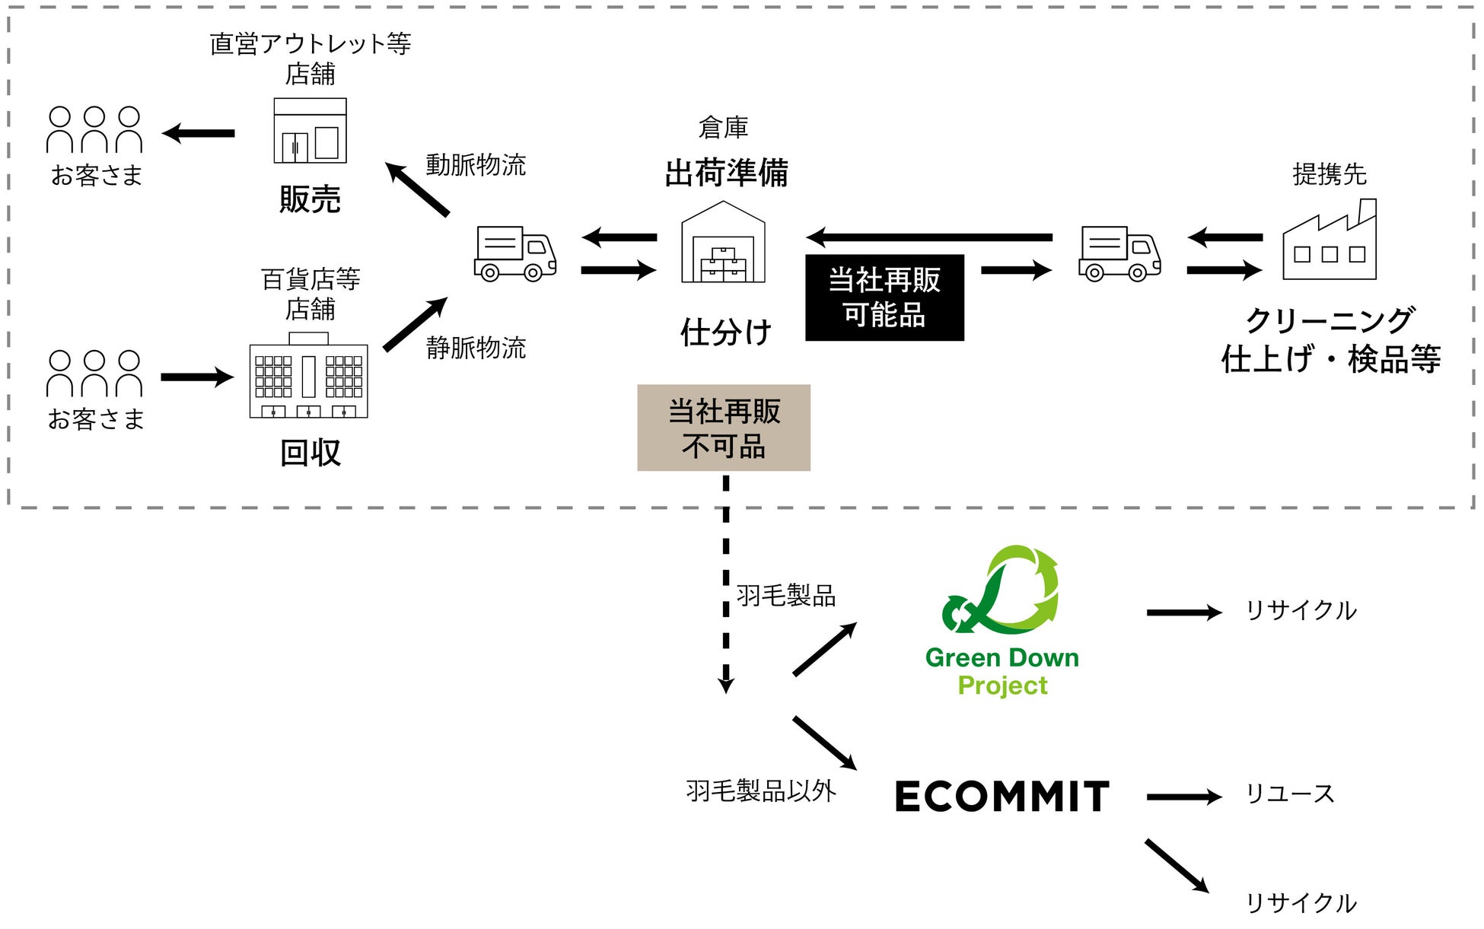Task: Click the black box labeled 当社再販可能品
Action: pos(884,297)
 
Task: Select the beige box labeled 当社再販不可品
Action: pos(723,428)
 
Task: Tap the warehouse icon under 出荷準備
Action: pos(723,243)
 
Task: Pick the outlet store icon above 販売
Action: pos(310,131)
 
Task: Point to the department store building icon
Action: pos(308,376)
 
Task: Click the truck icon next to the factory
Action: pos(1119,253)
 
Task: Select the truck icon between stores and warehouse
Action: pos(515,253)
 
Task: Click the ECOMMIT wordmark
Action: pos(1002,797)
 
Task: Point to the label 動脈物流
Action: pos(476,165)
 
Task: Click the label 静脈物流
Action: pos(476,348)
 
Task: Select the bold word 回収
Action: pos(310,453)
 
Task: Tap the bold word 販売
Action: pos(310,199)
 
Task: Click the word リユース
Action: pos(1289,794)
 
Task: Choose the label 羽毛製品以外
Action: pos(760,791)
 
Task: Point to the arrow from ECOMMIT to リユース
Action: pos(1183,797)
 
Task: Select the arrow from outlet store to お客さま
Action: pos(199,133)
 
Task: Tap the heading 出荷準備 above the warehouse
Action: pos(726,173)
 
